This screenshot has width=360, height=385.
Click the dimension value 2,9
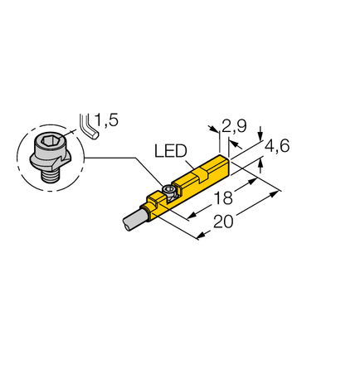235,127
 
